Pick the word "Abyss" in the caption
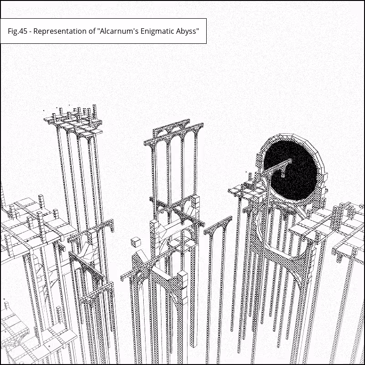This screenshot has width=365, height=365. point(186,31)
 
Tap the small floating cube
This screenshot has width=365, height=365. point(136,242)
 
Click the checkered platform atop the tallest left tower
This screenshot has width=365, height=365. point(73,125)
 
